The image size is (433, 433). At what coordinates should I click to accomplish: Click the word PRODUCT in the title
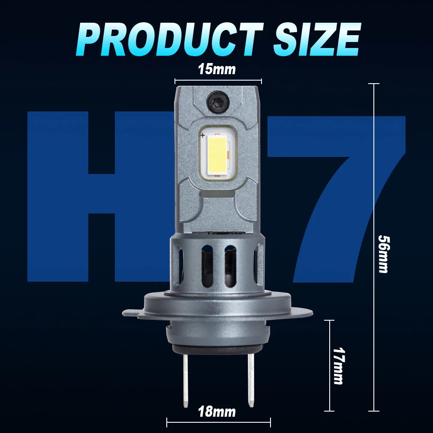point(170,39)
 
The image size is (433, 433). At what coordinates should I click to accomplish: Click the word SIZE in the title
point(316,39)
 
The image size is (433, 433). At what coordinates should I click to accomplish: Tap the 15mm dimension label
point(217,69)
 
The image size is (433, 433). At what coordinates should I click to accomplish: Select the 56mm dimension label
point(383,253)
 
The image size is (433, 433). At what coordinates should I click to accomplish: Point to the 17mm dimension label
point(338,366)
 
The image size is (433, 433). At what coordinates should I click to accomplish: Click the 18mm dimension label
point(217,412)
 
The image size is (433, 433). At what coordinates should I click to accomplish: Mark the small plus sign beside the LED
point(202,135)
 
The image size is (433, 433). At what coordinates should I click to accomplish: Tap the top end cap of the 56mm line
point(374,84)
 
